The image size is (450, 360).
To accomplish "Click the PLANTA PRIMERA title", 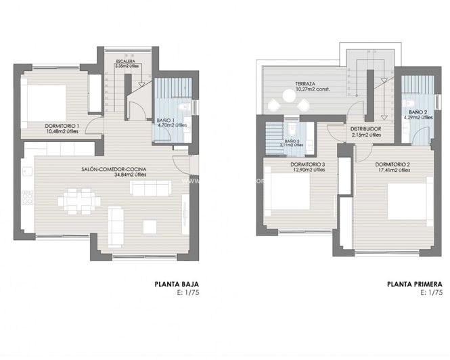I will [x=415, y=285].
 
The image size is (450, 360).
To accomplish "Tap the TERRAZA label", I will [x=305, y=85].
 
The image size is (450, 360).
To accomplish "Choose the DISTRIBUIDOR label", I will [x=366, y=129].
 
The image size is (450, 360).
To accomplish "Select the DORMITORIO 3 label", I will [x=298, y=165].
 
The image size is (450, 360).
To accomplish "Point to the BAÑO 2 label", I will [x=417, y=112].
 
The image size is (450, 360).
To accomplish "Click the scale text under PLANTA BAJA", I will [x=188, y=294].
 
